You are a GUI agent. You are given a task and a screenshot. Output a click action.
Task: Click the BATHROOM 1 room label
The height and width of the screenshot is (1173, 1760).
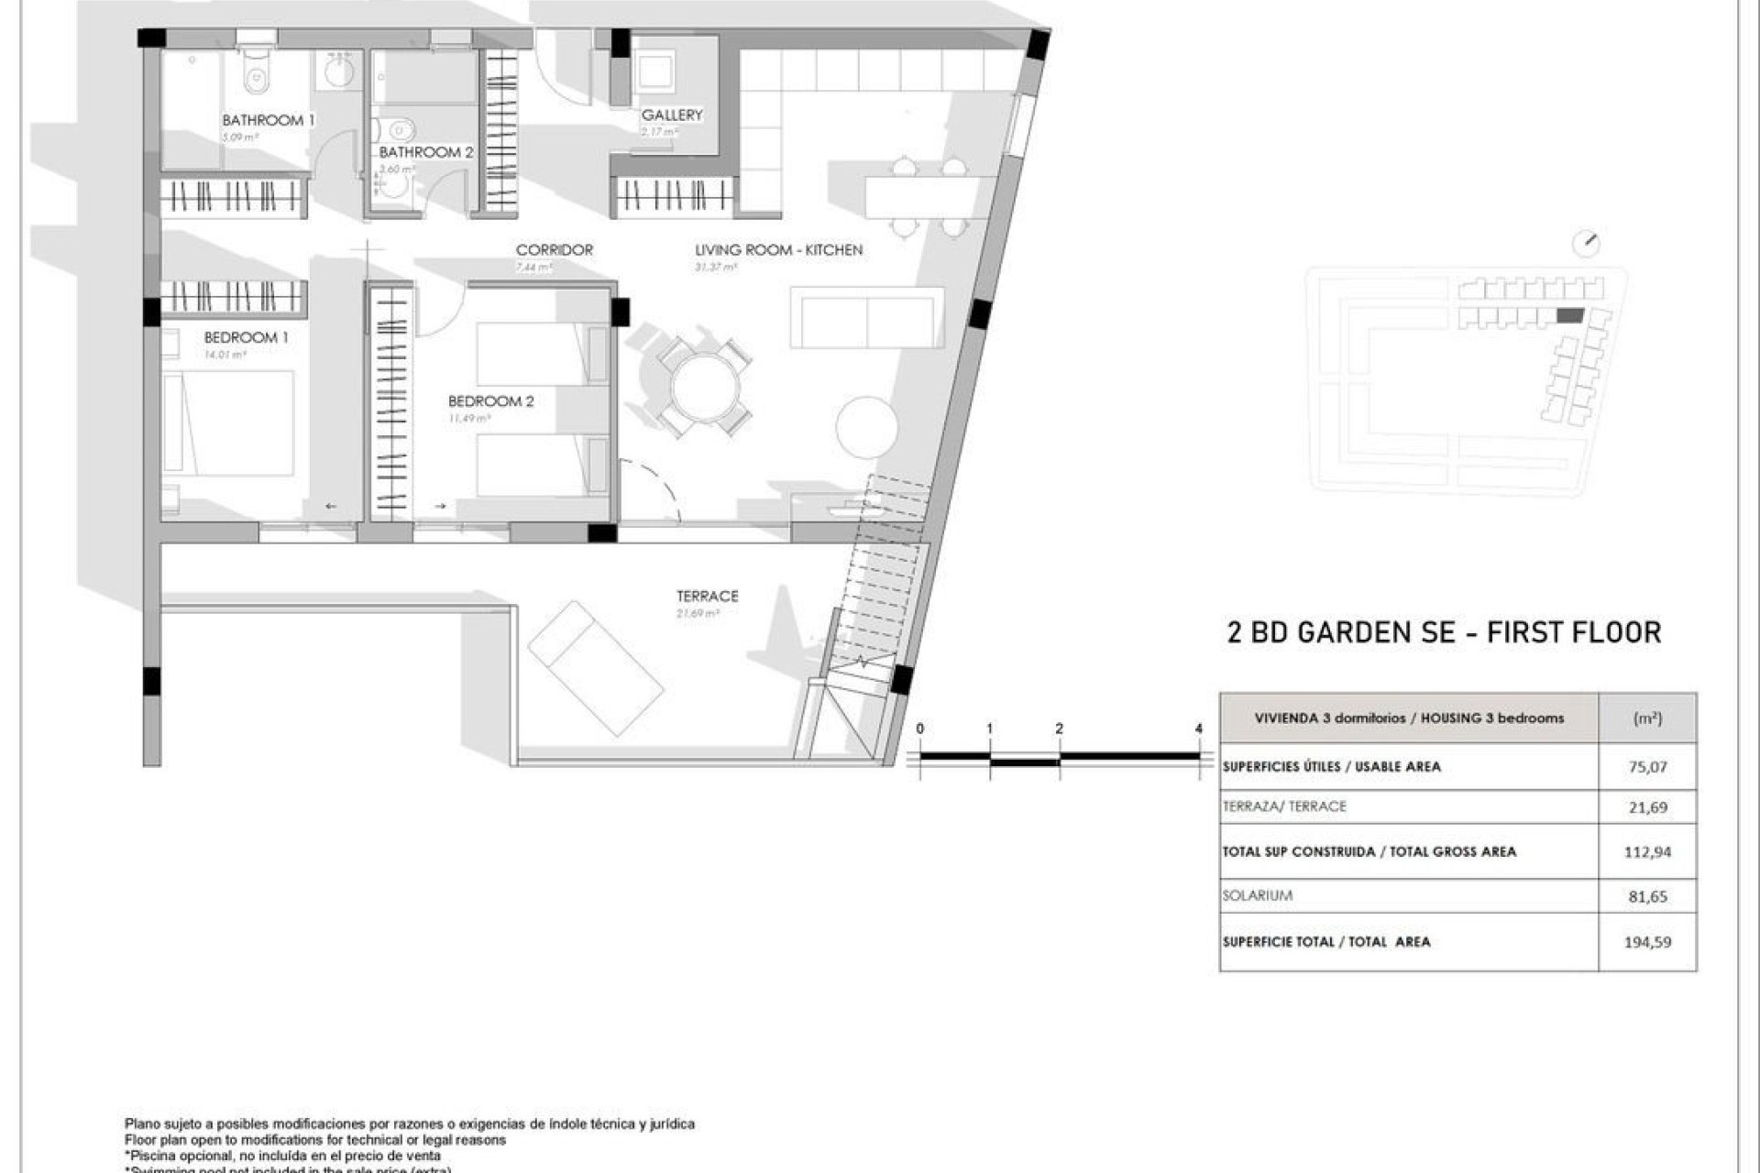coord(268,120)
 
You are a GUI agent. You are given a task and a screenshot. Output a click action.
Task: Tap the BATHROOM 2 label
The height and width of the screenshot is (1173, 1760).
coord(426,152)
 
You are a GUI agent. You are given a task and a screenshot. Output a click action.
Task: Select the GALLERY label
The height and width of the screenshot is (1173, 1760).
coord(672,115)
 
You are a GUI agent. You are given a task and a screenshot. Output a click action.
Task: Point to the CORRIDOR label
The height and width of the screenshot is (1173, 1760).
coord(554,249)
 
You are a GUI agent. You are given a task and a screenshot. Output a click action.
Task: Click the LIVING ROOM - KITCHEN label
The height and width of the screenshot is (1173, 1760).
coord(778,249)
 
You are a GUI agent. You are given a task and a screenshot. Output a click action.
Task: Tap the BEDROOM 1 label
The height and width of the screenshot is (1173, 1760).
coord(246,337)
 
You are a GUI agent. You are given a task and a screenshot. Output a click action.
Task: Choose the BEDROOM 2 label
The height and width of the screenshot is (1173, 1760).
coord(490,401)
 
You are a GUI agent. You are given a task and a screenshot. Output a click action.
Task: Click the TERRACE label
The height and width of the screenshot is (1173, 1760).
coord(707,596)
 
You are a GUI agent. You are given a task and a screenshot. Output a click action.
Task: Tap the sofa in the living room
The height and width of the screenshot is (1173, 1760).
coord(866,317)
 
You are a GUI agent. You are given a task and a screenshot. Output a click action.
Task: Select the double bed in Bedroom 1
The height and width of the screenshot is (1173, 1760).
coord(229,423)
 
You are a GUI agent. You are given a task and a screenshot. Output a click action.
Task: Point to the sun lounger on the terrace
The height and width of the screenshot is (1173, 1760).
coord(595,668)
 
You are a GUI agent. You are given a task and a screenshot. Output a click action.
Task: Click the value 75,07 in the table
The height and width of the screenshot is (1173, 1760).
coord(1647,767)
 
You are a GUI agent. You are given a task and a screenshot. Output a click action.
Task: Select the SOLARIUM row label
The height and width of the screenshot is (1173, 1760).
coord(1257,895)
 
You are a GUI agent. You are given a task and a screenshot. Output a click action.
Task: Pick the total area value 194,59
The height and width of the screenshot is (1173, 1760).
coord(1647,941)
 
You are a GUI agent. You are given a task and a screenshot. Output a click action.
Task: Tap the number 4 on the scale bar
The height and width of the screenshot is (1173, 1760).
coord(1199,729)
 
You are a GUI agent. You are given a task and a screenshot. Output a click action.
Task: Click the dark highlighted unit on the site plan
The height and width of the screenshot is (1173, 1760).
coord(1569,315)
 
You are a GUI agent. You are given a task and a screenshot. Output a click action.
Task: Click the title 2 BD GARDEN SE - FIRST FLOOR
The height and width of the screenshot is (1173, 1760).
coord(1444,632)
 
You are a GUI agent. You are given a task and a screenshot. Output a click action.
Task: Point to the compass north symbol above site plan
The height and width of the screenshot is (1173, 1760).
coord(1585,244)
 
